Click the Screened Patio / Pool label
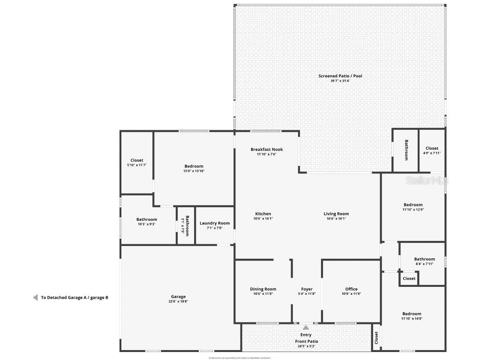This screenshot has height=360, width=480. tap(340, 76)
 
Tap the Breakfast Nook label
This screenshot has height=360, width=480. tap(266, 150)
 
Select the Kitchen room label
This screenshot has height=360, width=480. tap(263, 214)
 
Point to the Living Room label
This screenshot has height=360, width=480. tap(336, 214)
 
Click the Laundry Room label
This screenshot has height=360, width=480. tap(215, 223)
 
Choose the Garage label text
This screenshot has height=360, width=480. tap(178, 296)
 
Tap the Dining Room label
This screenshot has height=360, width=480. tap(263, 289)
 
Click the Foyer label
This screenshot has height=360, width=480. tap(307, 289)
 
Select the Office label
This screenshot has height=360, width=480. tap(351, 289)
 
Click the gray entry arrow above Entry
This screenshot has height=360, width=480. tap(306, 328)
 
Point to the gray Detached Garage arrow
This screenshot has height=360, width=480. tap(35, 297)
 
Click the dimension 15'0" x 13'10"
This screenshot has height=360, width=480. tap(194, 171)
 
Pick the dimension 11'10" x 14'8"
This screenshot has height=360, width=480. tap(412, 319)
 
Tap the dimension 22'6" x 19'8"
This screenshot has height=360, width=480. tap(178, 301)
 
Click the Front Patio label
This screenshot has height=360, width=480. tap(306, 341)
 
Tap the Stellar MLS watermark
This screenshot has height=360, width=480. tap(427, 180)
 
